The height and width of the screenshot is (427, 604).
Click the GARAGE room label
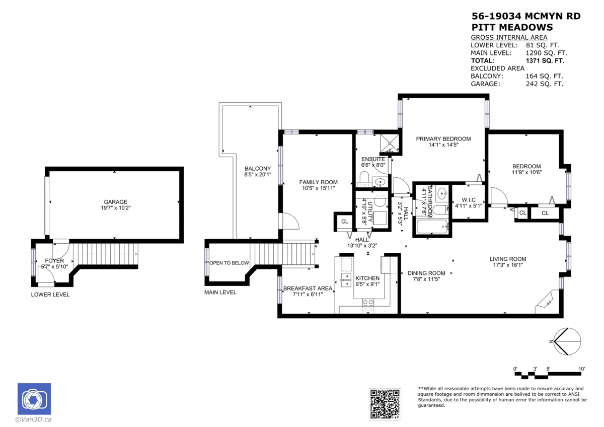pyautogui.click(x=116, y=202)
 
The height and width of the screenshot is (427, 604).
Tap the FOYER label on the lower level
pyautogui.click(x=54, y=261)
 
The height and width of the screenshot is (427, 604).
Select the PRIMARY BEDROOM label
pyautogui.click(x=443, y=139)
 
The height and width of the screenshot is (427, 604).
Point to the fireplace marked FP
pyautogui.click(x=545, y=302)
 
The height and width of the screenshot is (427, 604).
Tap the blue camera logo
pyautogui.click(x=34, y=399)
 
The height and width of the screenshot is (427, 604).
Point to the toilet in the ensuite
pyautogui.click(x=364, y=178)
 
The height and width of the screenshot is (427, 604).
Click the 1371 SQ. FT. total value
pyautogui.click(x=545, y=60)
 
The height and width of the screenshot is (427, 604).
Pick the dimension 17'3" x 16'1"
pyautogui.click(x=507, y=265)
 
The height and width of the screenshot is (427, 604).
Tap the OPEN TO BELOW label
pyautogui.click(x=230, y=263)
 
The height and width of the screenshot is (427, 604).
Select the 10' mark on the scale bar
pyautogui.click(x=581, y=369)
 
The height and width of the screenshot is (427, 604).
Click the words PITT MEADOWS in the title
pyautogui.click(x=512, y=28)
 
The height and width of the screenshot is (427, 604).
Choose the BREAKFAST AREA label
pyautogui.click(x=308, y=289)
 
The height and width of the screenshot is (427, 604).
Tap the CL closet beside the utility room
pyautogui.click(x=345, y=221)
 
